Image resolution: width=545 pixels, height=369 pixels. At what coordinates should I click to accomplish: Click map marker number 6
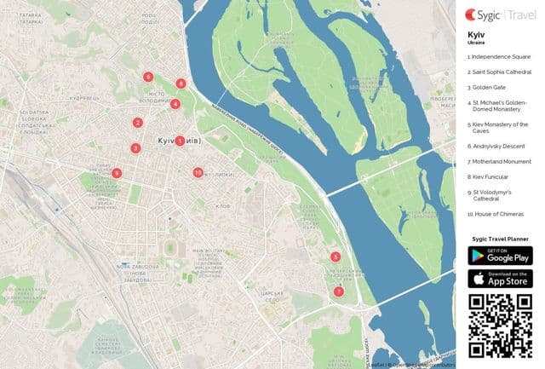coord(148,77)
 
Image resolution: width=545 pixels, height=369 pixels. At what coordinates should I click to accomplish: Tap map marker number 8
coord(181,84)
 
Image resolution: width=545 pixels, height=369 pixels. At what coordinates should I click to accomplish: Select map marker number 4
coord(175,104)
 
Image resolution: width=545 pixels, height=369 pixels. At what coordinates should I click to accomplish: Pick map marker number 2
coord(137,123)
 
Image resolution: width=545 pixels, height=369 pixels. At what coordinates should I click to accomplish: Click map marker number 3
coord(135,148)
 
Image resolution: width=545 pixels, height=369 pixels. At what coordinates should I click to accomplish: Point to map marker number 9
coord(117,174)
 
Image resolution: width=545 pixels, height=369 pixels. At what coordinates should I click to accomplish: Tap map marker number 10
coord(198,172)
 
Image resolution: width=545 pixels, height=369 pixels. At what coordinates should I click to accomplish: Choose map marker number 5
coord(336,257)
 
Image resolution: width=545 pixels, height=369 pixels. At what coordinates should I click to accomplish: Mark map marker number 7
coord(339,291)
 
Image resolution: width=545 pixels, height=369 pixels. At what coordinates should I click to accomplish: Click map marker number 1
coord(180,141)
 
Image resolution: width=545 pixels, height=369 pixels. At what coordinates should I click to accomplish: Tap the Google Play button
coord(501,254)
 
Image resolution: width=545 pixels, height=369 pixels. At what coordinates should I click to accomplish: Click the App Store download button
coord(501,278)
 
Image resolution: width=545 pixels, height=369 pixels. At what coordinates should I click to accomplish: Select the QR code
coord(501,326)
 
